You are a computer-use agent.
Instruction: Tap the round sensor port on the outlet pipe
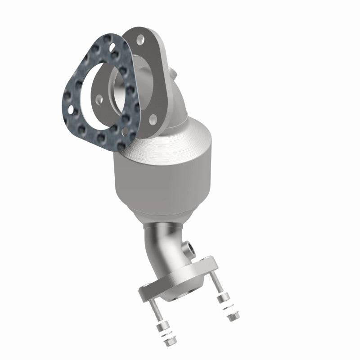(190, 247)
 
